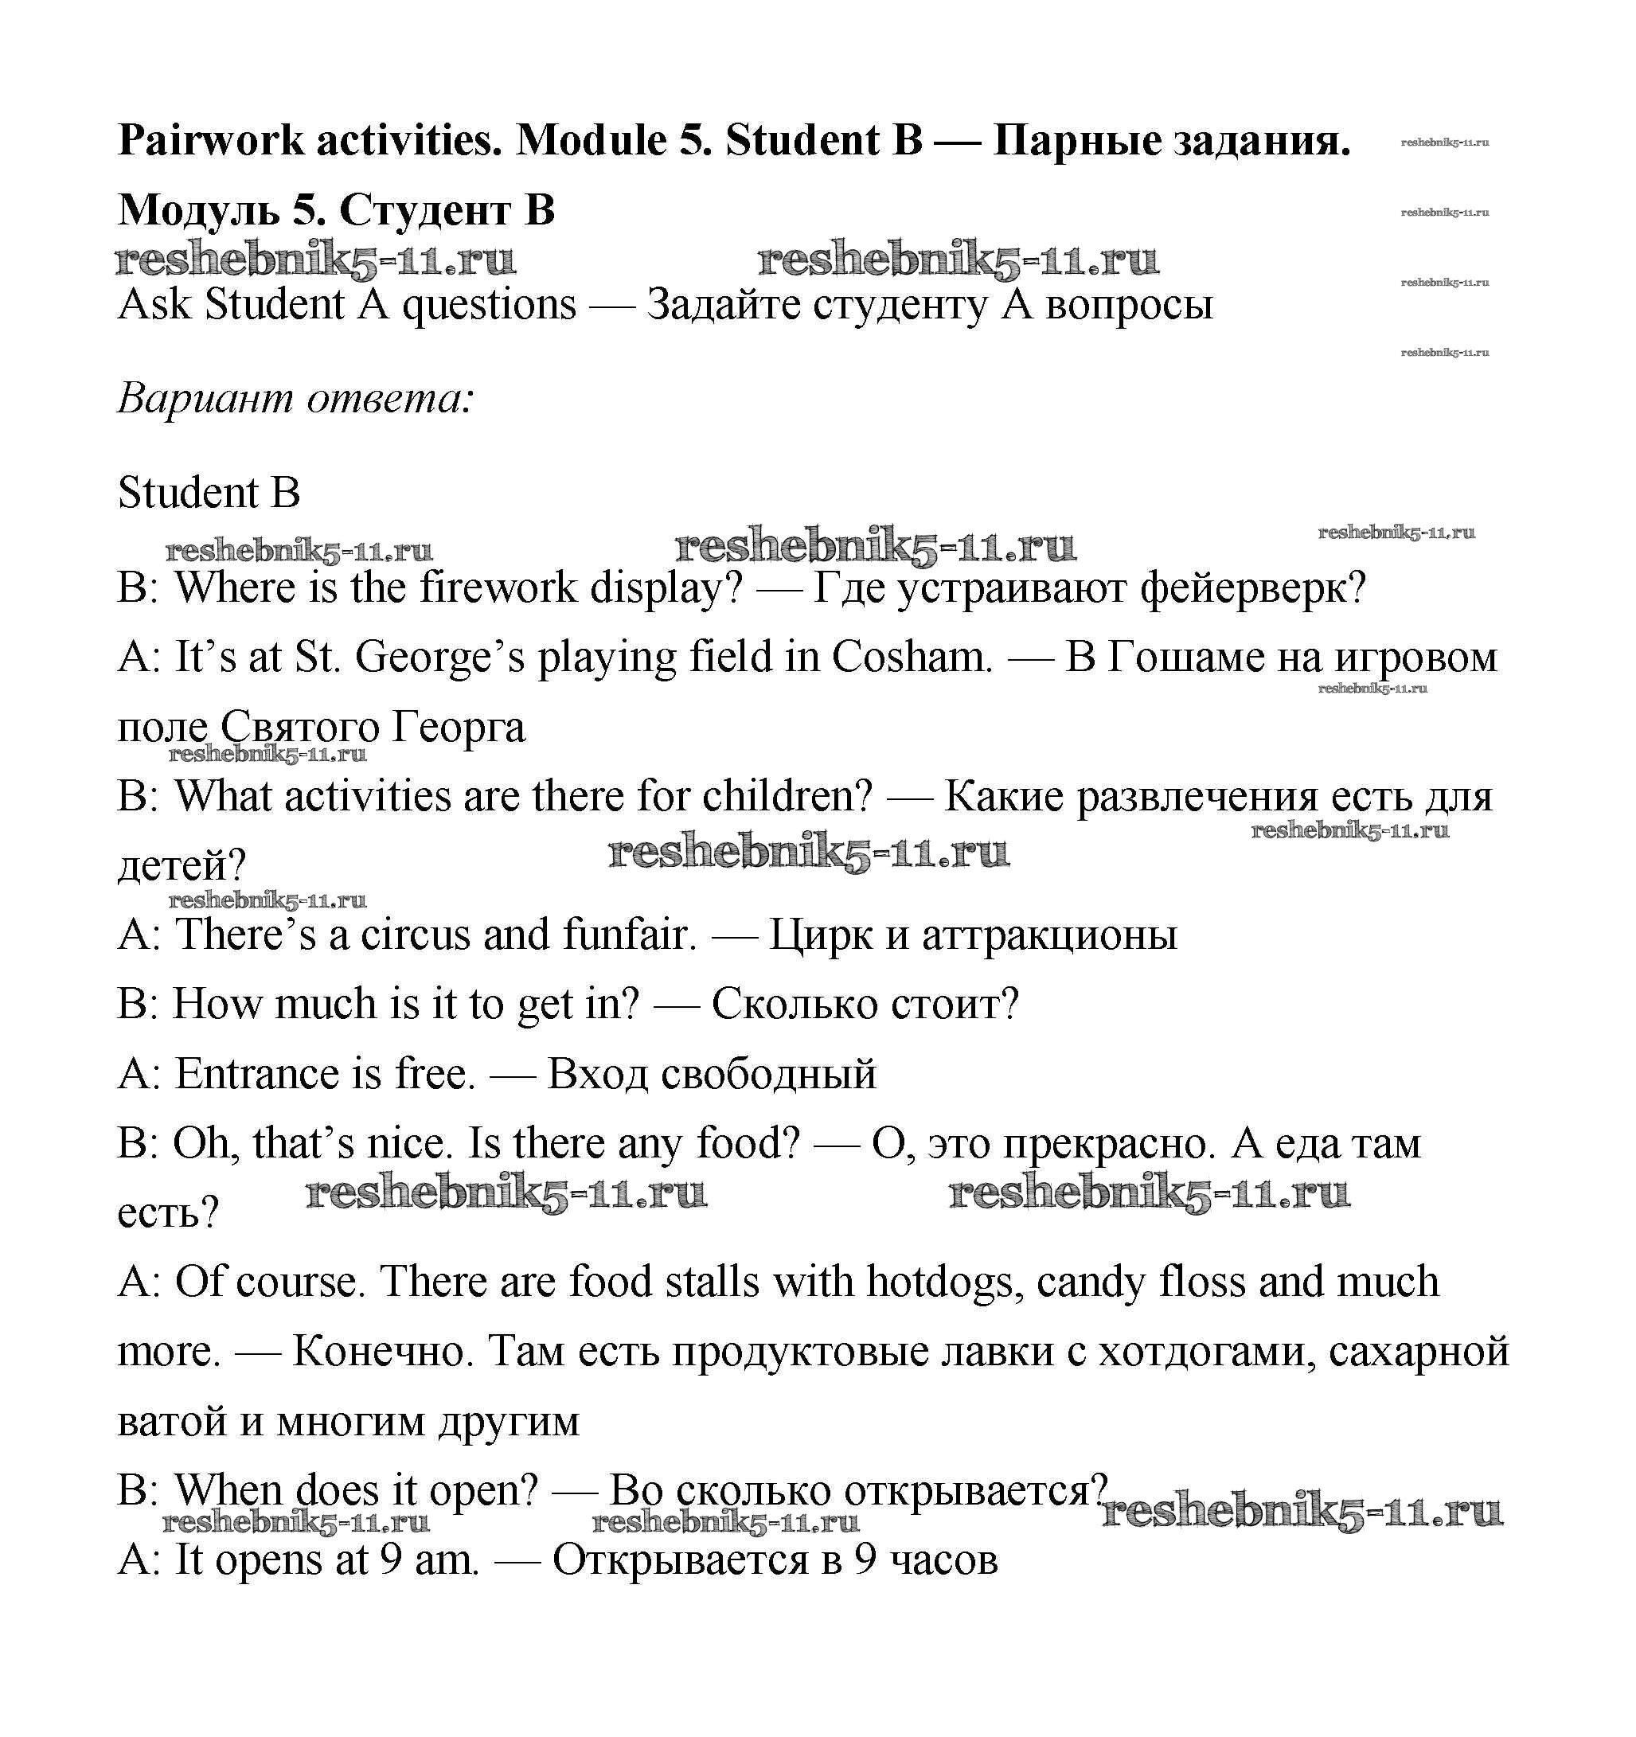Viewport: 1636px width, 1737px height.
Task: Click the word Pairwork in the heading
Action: point(211,141)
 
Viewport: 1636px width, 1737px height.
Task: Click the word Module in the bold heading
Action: point(591,141)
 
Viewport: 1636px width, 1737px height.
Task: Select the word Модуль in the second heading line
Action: point(199,211)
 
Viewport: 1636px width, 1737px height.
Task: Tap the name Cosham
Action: point(912,657)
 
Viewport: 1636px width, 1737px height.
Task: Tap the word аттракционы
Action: point(1049,935)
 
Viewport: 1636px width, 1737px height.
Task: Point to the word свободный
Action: point(768,1074)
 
